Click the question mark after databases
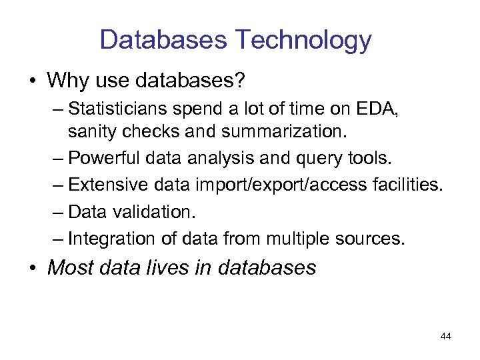[241, 81]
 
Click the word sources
[372, 238]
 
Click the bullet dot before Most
[33, 268]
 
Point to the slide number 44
[446, 337]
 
